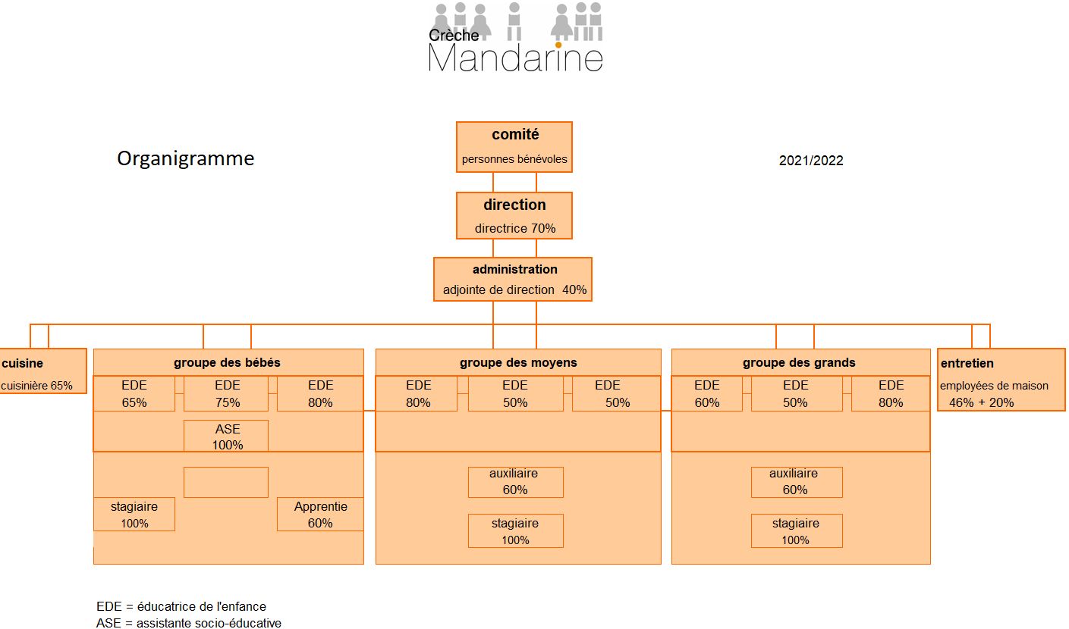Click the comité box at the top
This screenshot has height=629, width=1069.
tap(514, 147)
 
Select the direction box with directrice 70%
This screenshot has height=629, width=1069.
tap(514, 215)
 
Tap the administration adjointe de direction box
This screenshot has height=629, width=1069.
tap(513, 279)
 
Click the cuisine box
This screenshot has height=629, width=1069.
tap(43, 371)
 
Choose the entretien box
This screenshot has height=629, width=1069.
tap(1001, 380)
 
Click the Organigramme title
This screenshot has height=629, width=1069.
tap(186, 158)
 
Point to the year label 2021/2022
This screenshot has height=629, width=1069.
tap(811, 161)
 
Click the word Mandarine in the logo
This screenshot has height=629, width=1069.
tap(515, 58)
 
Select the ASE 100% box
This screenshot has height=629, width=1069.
tap(226, 436)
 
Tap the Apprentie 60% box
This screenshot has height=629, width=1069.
tap(320, 514)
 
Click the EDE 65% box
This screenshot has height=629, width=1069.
tap(134, 393)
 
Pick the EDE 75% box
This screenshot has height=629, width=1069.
tap(226, 393)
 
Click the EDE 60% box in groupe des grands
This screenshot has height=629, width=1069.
tap(707, 393)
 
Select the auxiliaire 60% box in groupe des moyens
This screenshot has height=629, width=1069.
tap(515, 482)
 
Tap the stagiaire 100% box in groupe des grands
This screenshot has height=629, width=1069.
tap(797, 530)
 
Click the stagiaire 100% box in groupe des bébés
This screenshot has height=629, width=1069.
tap(134, 514)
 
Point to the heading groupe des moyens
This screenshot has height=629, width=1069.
tap(518, 363)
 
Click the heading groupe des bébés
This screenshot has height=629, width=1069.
tap(227, 363)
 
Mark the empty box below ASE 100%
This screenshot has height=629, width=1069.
tap(226, 482)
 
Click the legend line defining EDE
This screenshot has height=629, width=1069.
tap(181, 606)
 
